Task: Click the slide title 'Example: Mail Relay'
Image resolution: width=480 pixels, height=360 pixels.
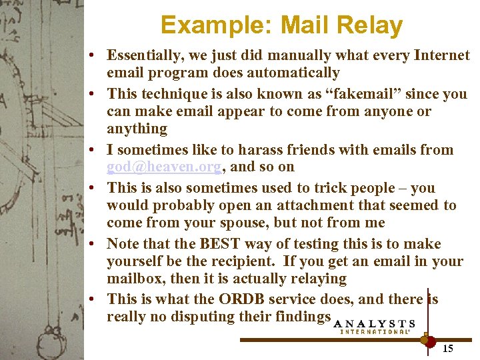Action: point(281,25)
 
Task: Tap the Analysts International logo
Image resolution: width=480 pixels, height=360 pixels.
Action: point(374,325)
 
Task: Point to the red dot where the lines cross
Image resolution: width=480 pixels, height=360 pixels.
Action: point(428,340)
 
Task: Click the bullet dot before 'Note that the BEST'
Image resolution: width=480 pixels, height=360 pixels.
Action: point(97,244)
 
